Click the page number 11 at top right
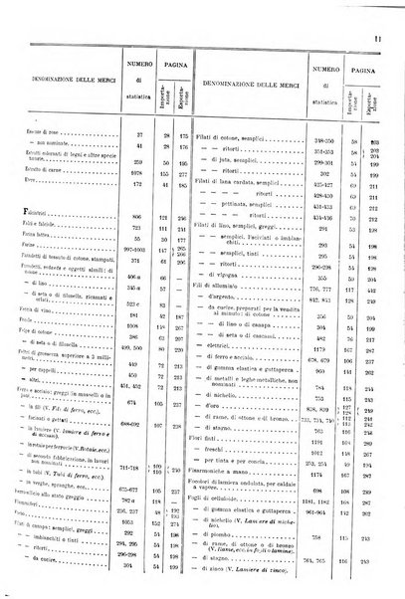coord(392,11)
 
